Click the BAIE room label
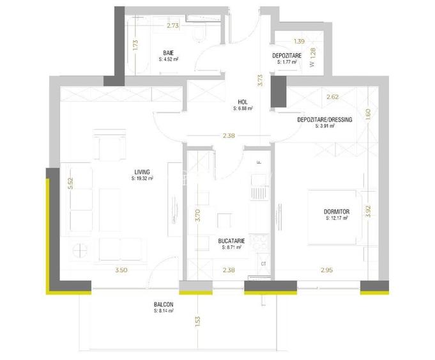[x=167, y=52]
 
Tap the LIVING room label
[x=142, y=171]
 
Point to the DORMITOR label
[x=337, y=212]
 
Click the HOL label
[x=243, y=102]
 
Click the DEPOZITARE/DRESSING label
[x=324, y=120]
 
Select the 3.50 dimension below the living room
[x=121, y=270]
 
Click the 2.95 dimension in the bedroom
[x=326, y=270]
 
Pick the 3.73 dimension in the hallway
[x=259, y=80]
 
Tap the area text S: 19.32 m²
[x=142, y=178]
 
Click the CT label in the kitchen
[x=263, y=263]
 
